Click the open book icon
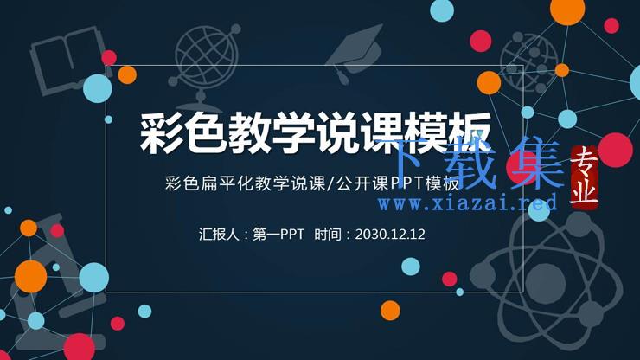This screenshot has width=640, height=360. click(66, 61)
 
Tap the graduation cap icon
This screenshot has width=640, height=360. click(355, 52)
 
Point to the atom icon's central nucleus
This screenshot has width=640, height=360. click(546, 282)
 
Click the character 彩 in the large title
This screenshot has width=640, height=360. click(160, 133)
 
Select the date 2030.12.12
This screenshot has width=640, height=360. click(390, 235)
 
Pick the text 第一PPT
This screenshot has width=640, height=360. click(278, 235)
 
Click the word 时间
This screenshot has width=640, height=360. click(327, 235)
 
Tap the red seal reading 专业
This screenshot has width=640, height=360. click(584, 177)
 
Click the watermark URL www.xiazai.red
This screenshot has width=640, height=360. click(468, 203)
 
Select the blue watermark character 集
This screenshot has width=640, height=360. click(535, 163)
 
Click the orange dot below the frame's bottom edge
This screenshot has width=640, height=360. click(390, 310)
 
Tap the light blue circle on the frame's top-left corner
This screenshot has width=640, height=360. click(98, 88)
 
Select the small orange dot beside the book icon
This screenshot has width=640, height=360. click(127, 74)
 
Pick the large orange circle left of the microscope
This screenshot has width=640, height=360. click(30, 277)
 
